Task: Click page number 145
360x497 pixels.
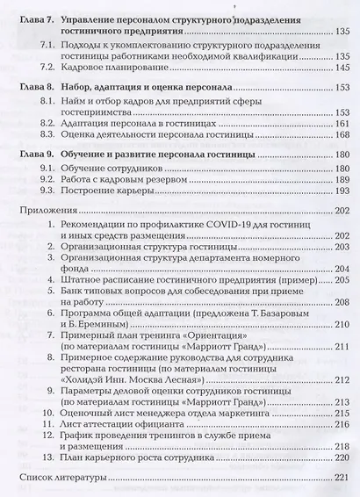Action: coord(340,68)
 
